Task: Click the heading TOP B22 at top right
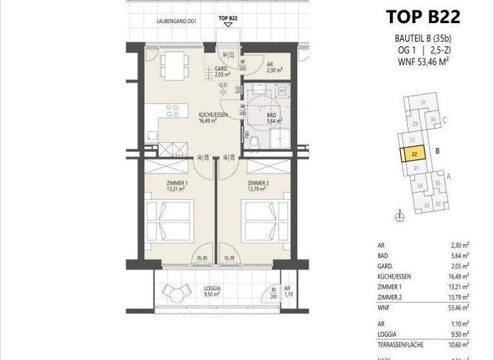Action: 423,16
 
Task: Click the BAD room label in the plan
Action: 272,116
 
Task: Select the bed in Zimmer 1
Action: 169,221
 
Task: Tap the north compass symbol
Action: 399,217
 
